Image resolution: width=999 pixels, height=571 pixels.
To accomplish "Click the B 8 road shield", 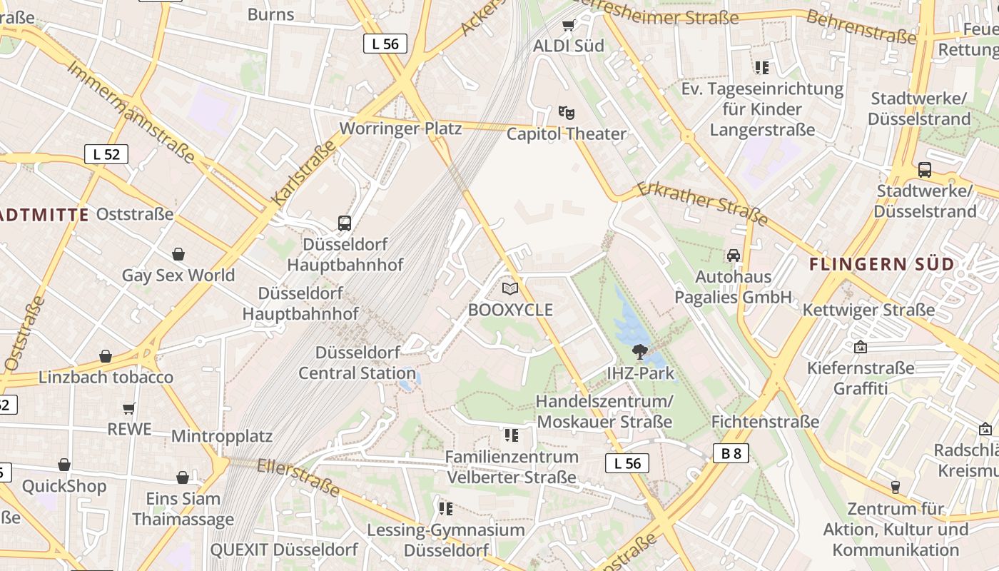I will click(x=731, y=453).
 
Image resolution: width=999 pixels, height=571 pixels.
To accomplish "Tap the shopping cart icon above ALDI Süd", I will click(x=568, y=26).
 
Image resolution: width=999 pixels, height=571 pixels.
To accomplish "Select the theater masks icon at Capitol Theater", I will click(x=567, y=112).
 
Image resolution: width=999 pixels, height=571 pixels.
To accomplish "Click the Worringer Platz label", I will click(x=400, y=128).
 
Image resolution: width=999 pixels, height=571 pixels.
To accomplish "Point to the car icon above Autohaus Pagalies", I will click(x=734, y=256).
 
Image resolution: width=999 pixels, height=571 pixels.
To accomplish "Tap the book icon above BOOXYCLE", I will click(x=510, y=288).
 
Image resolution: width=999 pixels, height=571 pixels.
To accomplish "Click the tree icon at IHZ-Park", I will click(x=640, y=351).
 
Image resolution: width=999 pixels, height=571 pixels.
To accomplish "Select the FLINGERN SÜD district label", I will click(x=881, y=264).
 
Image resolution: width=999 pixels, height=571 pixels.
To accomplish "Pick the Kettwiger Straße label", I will click(x=868, y=310).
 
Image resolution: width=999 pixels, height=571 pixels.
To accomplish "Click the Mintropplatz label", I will click(x=222, y=435).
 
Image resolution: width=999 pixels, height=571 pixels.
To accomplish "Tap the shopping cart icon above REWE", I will click(x=129, y=408).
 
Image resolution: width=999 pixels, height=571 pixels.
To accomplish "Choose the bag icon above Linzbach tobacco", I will click(x=106, y=355).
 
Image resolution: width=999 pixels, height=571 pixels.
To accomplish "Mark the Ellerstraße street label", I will click(x=298, y=477).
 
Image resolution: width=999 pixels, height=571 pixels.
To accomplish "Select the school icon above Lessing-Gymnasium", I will click(x=446, y=509).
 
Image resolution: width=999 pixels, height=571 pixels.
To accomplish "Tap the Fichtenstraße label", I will click(x=765, y=422).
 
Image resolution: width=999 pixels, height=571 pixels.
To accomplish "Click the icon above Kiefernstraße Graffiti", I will click(x=861, y=347).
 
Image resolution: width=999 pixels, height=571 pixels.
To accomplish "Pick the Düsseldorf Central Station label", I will click(x=357, y=363).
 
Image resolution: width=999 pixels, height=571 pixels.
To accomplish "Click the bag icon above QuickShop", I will click(x=64, y=465).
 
